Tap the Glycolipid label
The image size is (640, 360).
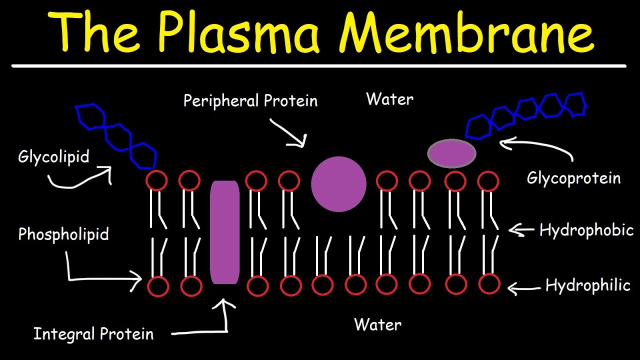tap(53, 157)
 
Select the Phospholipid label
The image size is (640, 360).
tap(63, 234)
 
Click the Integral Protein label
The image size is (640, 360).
tap(93, 334)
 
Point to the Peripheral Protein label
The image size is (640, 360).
tap(250, 100)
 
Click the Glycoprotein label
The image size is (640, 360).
tap(573, 178)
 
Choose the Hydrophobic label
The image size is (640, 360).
tap(586, 230)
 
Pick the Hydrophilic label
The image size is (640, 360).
tap(587, 285)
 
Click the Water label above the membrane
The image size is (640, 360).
tap(389, 99)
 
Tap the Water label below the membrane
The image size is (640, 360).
tap(377, 324)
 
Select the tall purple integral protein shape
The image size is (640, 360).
tap(224, 232)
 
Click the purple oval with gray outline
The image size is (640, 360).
tap(451, 153)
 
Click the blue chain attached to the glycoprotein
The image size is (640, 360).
tap(525, 114)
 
